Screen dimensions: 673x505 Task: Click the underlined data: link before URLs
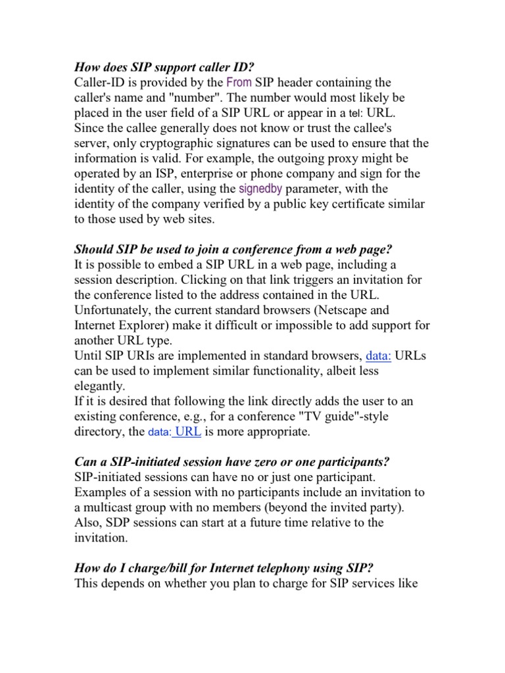[x=379, y=356]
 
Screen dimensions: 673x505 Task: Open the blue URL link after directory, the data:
[x=187, y=432]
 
